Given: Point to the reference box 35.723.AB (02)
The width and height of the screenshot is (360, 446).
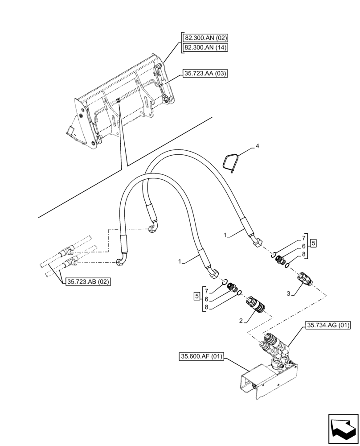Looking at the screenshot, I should [x=88, y=281].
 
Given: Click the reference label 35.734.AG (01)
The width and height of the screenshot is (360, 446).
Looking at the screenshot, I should [x=328, y=326].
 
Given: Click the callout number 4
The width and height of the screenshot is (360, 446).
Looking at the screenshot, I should [x=257, y=146].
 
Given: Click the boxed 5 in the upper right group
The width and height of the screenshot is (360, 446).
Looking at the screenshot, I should [x=314, y=244].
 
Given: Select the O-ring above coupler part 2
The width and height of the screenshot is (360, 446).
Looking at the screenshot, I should [x=240, y=293].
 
